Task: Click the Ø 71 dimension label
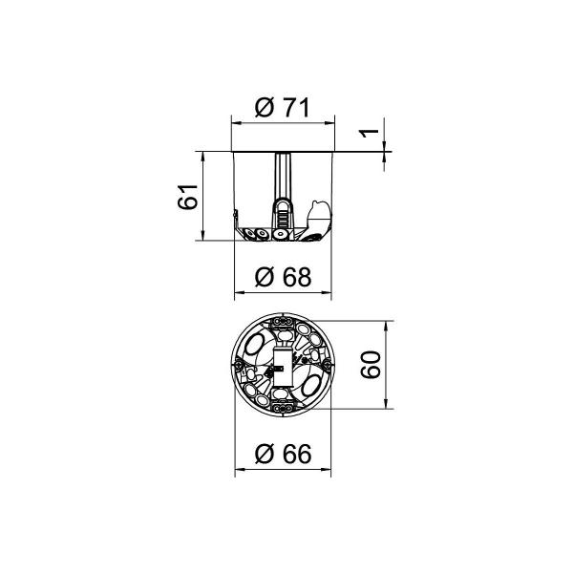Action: pos(283,109)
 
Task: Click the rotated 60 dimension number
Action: pos(372,364)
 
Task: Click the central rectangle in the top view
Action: pos(283,363)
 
